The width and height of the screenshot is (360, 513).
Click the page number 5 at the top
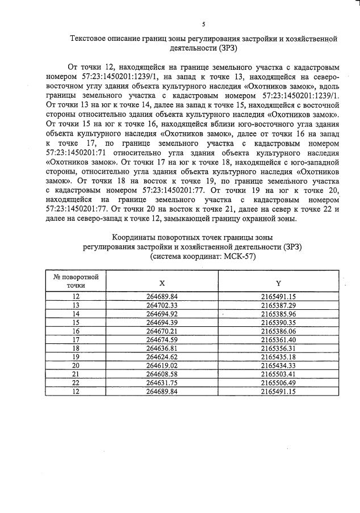(203, 24)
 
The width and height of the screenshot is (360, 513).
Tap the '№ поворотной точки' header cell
(76, 281)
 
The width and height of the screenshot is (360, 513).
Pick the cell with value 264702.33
(162, 305)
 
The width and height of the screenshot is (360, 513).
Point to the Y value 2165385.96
(278, 313)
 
